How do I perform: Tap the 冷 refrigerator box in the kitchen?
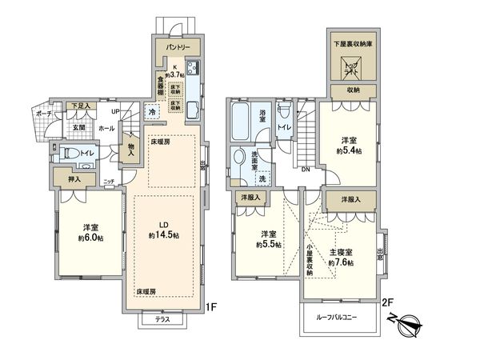pyautogui.click(x=151, y=113)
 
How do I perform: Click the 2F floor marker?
pyautogui.click(x=386, y=304)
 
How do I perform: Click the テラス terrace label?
pyautogui.click(x=163, y=319)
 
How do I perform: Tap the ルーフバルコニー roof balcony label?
pyautogui.click(x=341, y=318)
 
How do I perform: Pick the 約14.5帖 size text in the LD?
pyautogui.click(x=163, y=236)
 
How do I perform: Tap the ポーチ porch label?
pyautogui.click(x=43, y=114)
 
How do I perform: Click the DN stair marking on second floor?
pyautogui.click(x=306, y=169)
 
